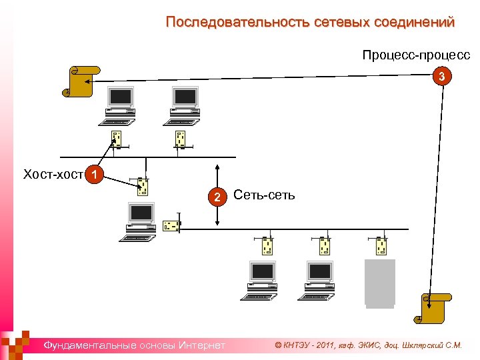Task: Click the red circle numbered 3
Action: [x=441, y=77]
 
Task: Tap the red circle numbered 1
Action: [x=97, y=175]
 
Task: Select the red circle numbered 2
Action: [x=216, y=197]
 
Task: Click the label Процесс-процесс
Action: [x=416, y=55]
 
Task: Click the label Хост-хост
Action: [x=53, y=175]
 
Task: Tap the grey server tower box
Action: [x=380, y=283]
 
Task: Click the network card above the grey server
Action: [x=381, y=245]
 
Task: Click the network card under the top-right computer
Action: [x=180, y=139]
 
